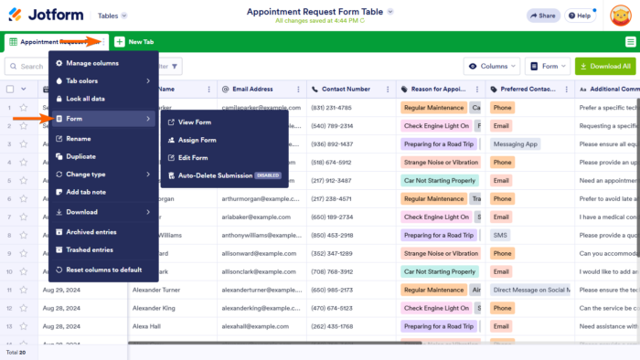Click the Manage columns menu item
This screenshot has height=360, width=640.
92,63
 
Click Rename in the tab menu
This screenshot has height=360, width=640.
79,139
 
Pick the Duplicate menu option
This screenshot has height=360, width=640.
80,156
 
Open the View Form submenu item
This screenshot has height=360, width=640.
194,122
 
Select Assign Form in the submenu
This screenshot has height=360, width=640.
197,140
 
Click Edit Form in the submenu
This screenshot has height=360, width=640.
193,157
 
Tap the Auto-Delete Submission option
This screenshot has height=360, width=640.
215,175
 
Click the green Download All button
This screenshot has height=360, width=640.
605,67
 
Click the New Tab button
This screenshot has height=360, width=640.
134,42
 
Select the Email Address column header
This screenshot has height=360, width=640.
252,90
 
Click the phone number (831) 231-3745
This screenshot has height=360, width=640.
331,107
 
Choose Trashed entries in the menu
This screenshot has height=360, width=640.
90,249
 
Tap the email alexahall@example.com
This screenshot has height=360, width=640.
259,326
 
